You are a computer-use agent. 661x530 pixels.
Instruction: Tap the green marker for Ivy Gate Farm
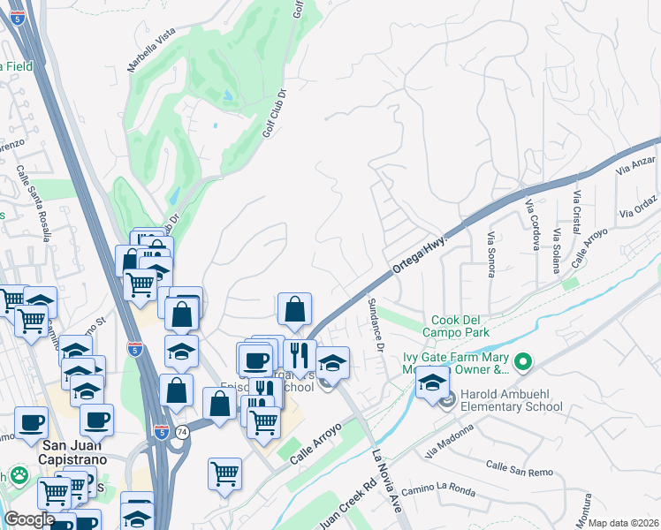[x=523, y=362]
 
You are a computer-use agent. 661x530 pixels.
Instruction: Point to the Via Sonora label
[x=491, y=254]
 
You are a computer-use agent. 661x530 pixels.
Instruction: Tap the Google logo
[x=29, y=519]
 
